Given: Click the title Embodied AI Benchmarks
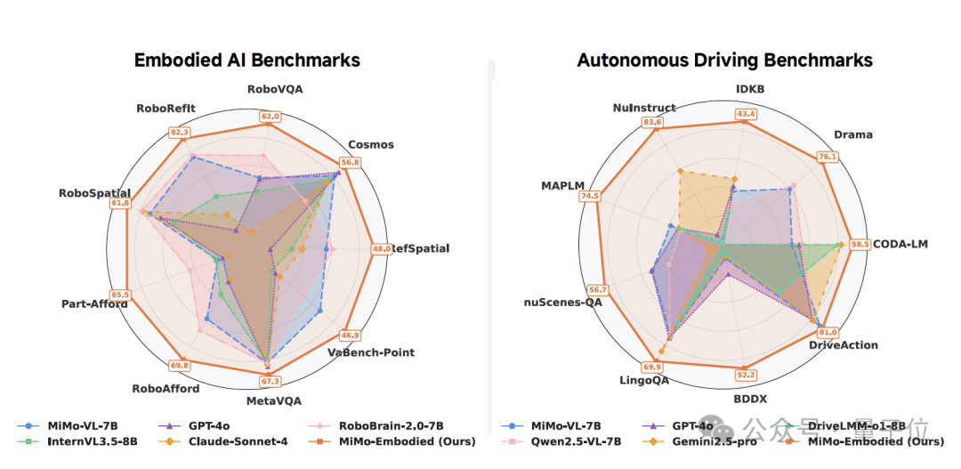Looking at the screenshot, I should (x=246, y=61).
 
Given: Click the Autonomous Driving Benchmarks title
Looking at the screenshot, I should (x=724, y=61).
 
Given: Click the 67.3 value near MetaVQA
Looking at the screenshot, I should (x=270, y=382).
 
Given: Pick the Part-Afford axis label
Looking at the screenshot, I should (x=93, y=303).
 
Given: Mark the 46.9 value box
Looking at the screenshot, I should (x=351, y=336).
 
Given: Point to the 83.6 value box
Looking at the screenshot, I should (x=653, y=122).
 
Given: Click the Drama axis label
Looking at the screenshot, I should (x=852, y=135).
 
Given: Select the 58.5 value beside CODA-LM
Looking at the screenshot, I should (x=860, y=244).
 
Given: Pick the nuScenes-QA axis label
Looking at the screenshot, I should (x=562, y=303).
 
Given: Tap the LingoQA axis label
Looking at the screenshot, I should (x=644, y=380).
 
